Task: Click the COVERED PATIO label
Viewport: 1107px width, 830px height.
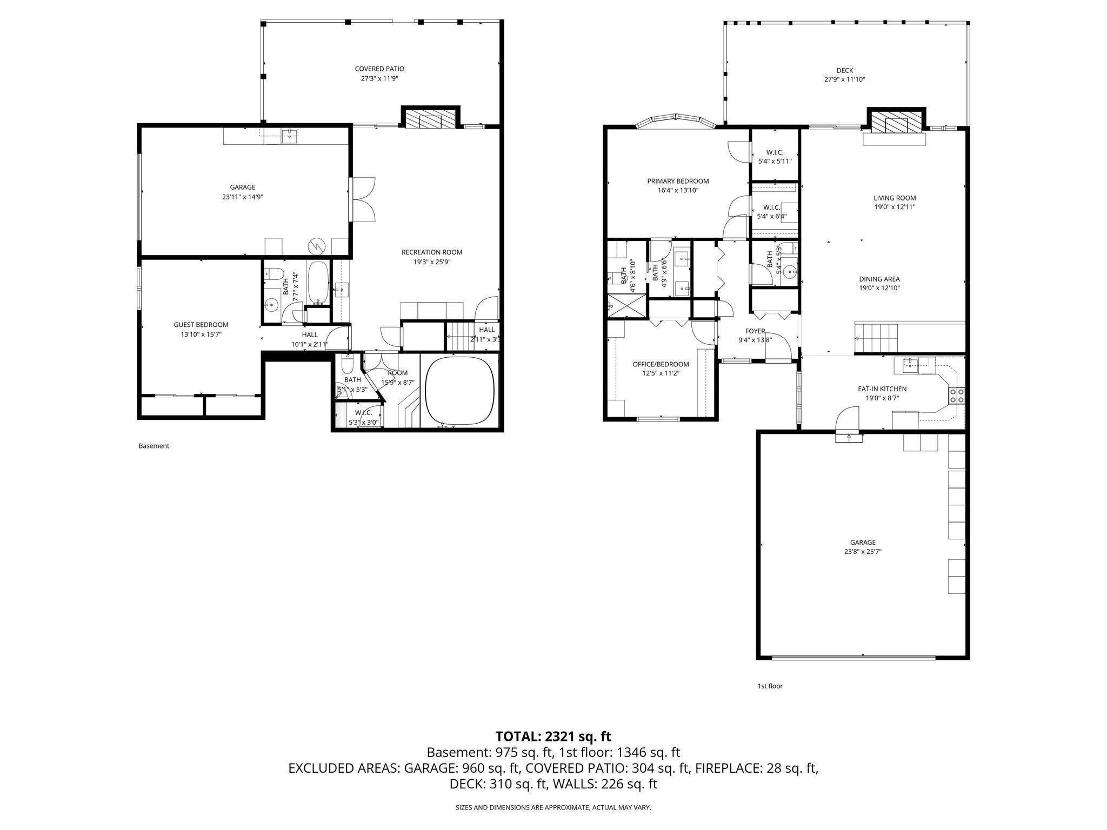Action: (x=379, y=69)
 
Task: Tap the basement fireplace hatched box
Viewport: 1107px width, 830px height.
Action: (x=430, y=120)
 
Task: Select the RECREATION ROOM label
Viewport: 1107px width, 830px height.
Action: (x=431, y=252)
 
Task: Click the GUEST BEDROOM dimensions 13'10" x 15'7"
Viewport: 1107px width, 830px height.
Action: (x=201, y=334)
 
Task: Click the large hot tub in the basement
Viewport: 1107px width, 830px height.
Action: (x=460, y=391)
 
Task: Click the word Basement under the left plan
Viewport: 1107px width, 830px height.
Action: (x=154, y=446)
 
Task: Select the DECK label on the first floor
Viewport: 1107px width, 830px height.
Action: (x=844, y=70)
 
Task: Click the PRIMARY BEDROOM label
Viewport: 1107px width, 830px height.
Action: (x=678, y=181)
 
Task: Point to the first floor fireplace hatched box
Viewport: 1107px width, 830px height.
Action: (x=896, y=122)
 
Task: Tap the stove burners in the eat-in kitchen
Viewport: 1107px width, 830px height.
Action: (x=956, y=396)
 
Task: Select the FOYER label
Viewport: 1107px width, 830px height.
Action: (x=755, y=331)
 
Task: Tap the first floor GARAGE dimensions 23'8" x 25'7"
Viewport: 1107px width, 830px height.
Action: (x=862, y=552)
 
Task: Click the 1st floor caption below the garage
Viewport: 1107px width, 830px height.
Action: (x=769, y=686)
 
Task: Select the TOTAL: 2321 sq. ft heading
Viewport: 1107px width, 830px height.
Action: (x=553, y=736)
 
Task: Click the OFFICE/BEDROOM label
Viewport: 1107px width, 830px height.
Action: (x=661, y=364)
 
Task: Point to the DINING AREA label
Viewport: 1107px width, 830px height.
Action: (x=879, y=279)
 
